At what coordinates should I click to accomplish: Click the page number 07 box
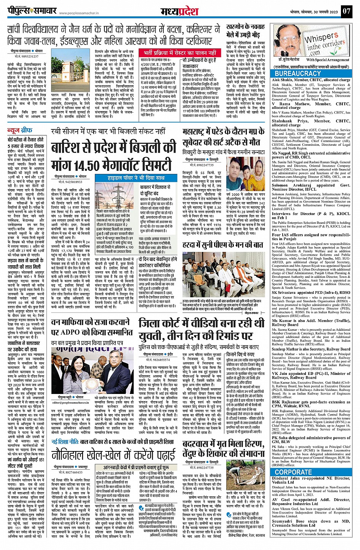(346, 11)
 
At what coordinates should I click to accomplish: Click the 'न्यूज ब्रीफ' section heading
(20, 130)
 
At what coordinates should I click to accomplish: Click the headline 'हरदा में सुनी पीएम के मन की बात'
(222, 244)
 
